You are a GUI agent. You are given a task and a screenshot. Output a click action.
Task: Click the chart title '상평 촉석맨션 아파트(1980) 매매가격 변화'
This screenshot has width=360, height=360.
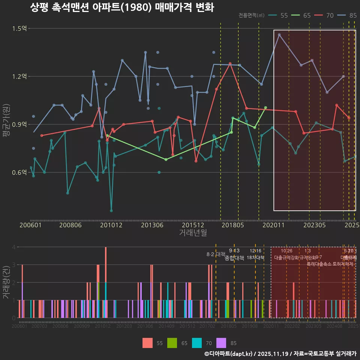[122, 7]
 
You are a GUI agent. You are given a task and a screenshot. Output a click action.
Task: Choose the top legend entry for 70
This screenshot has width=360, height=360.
[324, 15]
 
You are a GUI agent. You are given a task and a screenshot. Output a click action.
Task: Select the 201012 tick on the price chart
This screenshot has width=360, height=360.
[111, 225]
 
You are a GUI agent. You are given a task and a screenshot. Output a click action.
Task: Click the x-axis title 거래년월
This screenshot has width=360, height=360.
[193, 232]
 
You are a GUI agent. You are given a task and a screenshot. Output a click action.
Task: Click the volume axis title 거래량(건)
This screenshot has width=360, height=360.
[6, 282]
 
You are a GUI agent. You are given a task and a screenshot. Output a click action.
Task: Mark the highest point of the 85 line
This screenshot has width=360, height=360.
[279, 35]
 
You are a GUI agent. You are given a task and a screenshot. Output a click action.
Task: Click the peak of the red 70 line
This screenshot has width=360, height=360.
[230, 64]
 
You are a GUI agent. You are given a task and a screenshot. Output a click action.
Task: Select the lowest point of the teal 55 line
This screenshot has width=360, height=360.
[111, 211]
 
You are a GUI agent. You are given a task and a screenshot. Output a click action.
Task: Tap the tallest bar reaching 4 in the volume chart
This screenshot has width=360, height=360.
[106, 282]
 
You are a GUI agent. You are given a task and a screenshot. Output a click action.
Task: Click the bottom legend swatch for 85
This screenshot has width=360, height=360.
[222, 343]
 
